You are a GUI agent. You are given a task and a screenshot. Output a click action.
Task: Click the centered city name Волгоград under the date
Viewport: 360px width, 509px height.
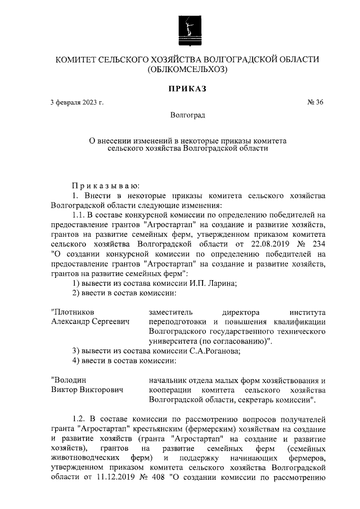(187, 115)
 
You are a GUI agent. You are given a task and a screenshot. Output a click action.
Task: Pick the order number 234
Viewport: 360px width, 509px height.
(318, 245)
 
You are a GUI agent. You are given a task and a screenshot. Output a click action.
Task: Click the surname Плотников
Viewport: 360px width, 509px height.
(73, 312)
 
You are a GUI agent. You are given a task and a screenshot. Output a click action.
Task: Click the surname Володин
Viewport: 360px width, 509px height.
(69, 380)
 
